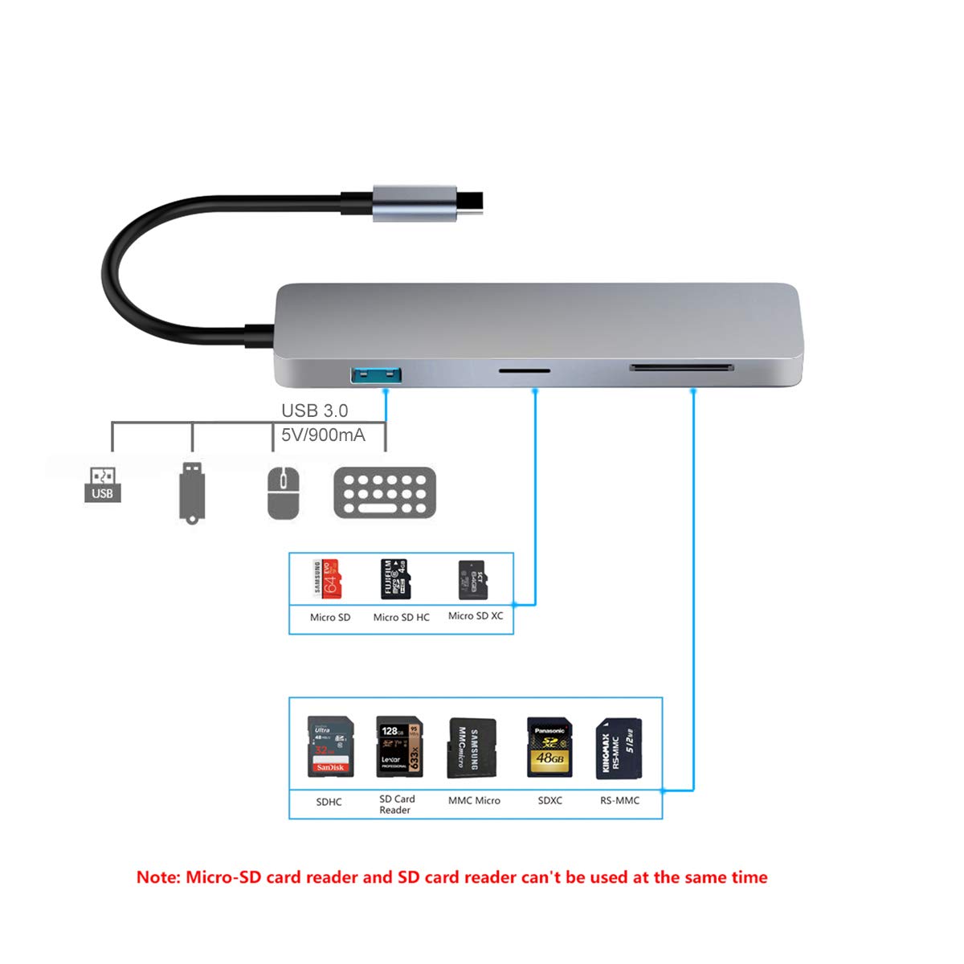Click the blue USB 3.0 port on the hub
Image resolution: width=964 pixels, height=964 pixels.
[x=376, y=374]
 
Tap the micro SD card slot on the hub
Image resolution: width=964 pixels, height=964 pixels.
[x=525, y=371]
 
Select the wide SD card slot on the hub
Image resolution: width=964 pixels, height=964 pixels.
[x=681, y=368]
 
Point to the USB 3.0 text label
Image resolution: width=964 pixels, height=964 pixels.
[x=314, y=411]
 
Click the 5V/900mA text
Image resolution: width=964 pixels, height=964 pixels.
[x=323, y=435]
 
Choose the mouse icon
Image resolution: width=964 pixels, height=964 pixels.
[x=284, y=492]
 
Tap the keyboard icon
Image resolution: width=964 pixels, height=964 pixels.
[x=385, y=492]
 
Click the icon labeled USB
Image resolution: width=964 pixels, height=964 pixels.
[x=103, y=485]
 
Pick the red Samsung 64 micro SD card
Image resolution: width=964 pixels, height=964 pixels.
[x=327, y=579]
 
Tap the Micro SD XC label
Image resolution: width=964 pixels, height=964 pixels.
[x=476, y=616]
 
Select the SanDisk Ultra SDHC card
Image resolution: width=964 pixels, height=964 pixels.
[x=330, y=747]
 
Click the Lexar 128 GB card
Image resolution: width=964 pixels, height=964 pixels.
[x=399, y=747]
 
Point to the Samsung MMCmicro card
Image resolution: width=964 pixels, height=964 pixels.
[x=472, y=749]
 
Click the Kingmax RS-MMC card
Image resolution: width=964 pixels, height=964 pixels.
[x=619, y=749]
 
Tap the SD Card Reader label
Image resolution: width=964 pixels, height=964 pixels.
[x=397, y=804]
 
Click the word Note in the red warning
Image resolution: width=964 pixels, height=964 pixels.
[x=157, y=877]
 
